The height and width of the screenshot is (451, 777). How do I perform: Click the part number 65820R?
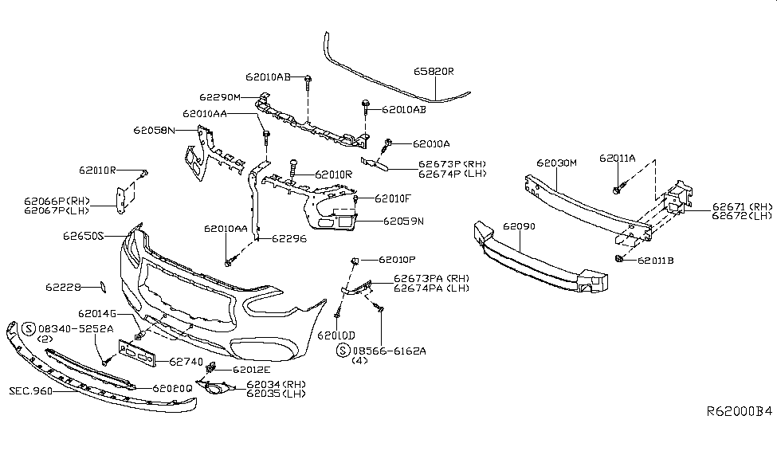(434, 71)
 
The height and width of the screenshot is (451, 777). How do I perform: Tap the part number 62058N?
(154, 129)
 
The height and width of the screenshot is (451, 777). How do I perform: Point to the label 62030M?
(556, 162)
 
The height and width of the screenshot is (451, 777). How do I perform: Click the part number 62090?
(518, 226)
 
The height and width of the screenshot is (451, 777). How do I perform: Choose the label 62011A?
(618, 159)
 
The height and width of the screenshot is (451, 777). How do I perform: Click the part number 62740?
(186, 361)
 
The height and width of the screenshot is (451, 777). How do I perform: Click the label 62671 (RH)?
(742, 206)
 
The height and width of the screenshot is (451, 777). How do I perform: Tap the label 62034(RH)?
(276, 384)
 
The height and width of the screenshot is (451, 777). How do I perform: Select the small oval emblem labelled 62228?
(102, 285)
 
